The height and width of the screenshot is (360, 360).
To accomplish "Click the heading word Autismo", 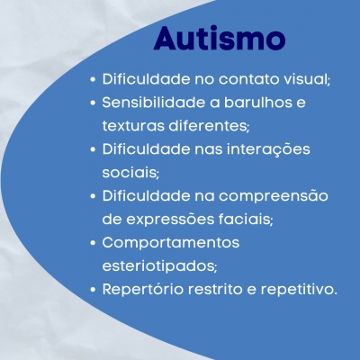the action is coord(220,39).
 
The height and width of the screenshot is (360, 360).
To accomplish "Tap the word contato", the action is coord(249,79).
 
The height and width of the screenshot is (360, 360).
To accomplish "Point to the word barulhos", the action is coord(258,103).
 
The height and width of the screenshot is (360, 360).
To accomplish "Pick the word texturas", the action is coord(133,126).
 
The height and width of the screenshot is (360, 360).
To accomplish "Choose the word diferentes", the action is coord(209,126).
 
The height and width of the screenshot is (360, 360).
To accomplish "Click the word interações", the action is coord(268,149).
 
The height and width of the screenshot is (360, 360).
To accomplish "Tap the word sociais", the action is coord(130,173).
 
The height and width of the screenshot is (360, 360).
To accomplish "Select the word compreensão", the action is coord(274,196).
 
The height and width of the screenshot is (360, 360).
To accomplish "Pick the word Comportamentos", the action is coord(171,243).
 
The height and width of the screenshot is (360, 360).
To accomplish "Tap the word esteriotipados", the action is coord(159,266).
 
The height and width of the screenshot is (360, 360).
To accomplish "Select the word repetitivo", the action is coord(299,290).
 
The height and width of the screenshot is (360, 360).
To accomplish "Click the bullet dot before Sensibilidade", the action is coord(93,103).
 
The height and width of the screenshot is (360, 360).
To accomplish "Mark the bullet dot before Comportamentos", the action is coord(93,243).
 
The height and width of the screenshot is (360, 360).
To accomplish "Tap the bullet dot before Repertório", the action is coord(93,290).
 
